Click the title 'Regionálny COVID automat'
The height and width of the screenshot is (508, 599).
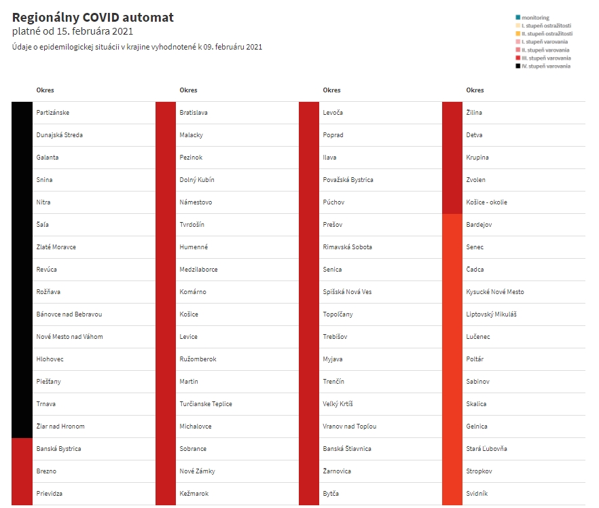pos(93,18)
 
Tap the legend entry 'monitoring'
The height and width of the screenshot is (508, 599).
pos(535,18)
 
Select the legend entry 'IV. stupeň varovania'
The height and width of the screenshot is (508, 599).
pos(546,66)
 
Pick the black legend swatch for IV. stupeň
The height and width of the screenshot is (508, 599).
pos(518,66)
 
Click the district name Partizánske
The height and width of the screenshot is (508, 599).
pos(53,113)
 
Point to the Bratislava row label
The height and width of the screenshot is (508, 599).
pos(194,113)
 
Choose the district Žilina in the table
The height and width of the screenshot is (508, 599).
pos(474,113)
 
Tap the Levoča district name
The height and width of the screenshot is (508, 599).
pos(333,113)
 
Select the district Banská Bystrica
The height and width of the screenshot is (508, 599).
pos(58,449)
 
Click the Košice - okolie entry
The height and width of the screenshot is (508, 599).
pos(487,202)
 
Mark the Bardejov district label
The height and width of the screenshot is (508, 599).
pos(479,225)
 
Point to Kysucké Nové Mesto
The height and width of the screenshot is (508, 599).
pos(495,292)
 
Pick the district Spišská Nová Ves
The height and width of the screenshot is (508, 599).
pos(347,292)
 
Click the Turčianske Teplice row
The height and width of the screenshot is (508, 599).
pos(206,403)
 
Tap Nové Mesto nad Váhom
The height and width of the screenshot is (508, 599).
pos(69,336)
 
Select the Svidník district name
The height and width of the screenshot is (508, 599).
pos(477,494)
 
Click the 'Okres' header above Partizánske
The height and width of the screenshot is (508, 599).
pos(45,90)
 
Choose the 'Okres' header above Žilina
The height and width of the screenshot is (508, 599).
pos(475,90)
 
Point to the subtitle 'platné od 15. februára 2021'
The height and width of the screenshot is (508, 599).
pos(73,31)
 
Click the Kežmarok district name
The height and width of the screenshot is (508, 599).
pos(194,494)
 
